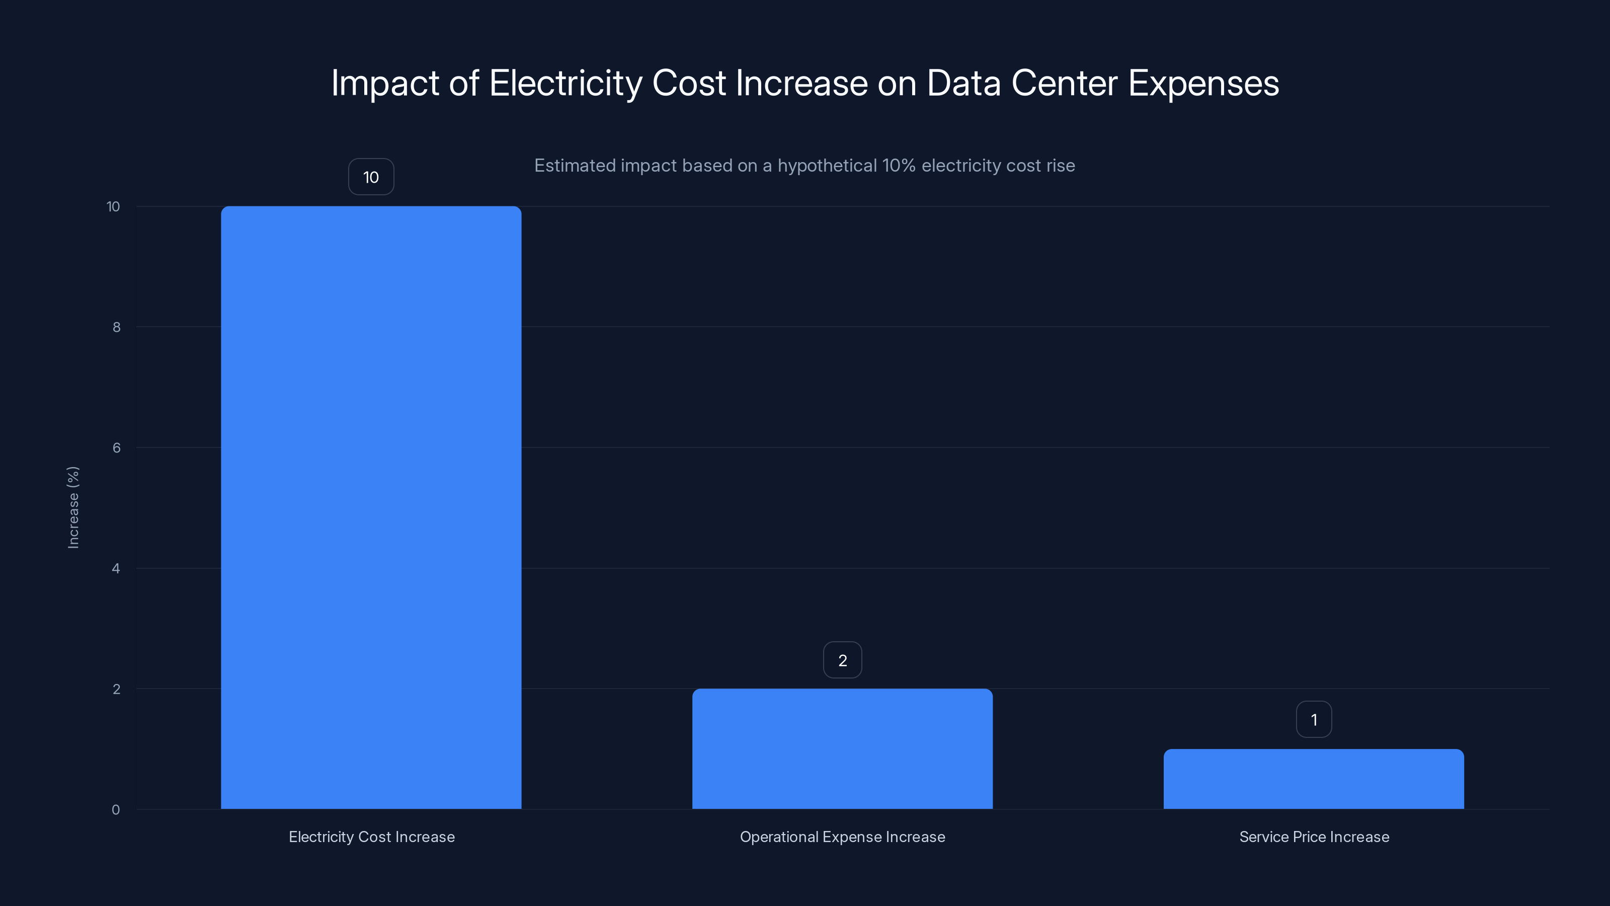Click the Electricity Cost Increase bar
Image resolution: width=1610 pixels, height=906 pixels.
[x=371, y=507]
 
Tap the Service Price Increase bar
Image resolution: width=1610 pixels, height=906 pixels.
[x=1313, y=779]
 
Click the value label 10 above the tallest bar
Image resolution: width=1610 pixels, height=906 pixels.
[x=371, y=177]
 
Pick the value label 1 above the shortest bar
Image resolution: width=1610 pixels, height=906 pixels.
[x=1314, y=720]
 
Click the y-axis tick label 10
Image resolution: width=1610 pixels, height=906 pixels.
[x=113, y=207]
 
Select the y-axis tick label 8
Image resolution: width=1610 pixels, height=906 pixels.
[x=116, y=327]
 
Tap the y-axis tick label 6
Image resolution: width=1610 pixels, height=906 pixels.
[x=116, y=447]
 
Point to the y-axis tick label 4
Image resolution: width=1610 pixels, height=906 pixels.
[x=116, y=568]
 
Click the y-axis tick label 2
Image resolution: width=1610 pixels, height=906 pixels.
[x=116, y=689]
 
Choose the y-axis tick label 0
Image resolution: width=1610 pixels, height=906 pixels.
[x=116, y=810]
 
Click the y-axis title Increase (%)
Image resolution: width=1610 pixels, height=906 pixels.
[x=73, y=507]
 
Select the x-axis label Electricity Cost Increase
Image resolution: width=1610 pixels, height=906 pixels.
[x=371, y=837]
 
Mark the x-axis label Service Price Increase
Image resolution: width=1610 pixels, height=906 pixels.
[x=1314, y=837]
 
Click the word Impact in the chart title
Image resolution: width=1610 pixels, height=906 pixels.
[x=385, y=83]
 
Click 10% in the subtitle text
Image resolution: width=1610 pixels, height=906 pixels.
[x=898, y=166]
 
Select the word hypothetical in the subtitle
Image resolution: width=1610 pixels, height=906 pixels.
[x=827, y=166]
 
